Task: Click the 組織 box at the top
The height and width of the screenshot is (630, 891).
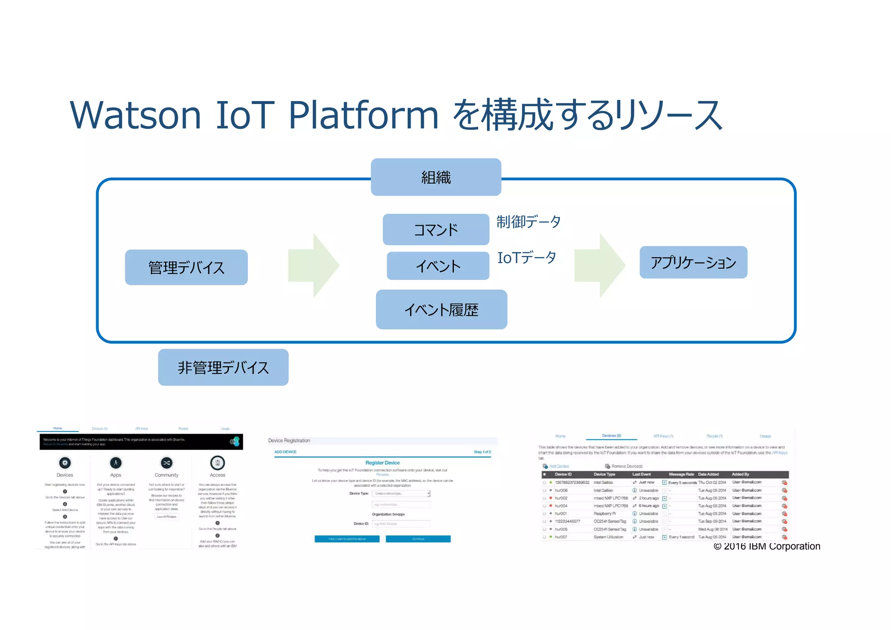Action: coord(435,177)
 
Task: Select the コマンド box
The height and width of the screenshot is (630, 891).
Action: coord(435,229)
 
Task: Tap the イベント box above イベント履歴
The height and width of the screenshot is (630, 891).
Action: coord(438,266)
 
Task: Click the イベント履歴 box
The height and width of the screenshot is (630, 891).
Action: coord(441,310)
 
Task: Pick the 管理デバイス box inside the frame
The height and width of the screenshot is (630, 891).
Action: coord(186,267)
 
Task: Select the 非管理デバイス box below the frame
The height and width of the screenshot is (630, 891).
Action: coord(223,367)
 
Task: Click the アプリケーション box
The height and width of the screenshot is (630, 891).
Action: coord(693,263)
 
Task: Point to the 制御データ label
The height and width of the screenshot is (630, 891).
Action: coord(528,222)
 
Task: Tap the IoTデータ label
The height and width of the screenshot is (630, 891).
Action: coord(526,257)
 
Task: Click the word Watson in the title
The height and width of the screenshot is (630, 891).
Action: coord(135,115)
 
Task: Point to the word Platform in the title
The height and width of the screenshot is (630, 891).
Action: coord(363,115)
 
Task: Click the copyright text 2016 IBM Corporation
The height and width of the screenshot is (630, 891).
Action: coord(767,546)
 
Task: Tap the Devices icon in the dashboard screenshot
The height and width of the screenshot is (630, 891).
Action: coord(65,462)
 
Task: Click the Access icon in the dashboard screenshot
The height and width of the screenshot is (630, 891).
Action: coord(217,462)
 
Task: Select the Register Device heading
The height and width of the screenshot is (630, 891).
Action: coord(382,462)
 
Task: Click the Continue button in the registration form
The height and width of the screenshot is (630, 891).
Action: coord(418,539)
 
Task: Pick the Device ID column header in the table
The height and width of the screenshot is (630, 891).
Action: coord(563,474)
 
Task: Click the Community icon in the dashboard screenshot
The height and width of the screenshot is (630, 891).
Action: coord(166,462)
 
